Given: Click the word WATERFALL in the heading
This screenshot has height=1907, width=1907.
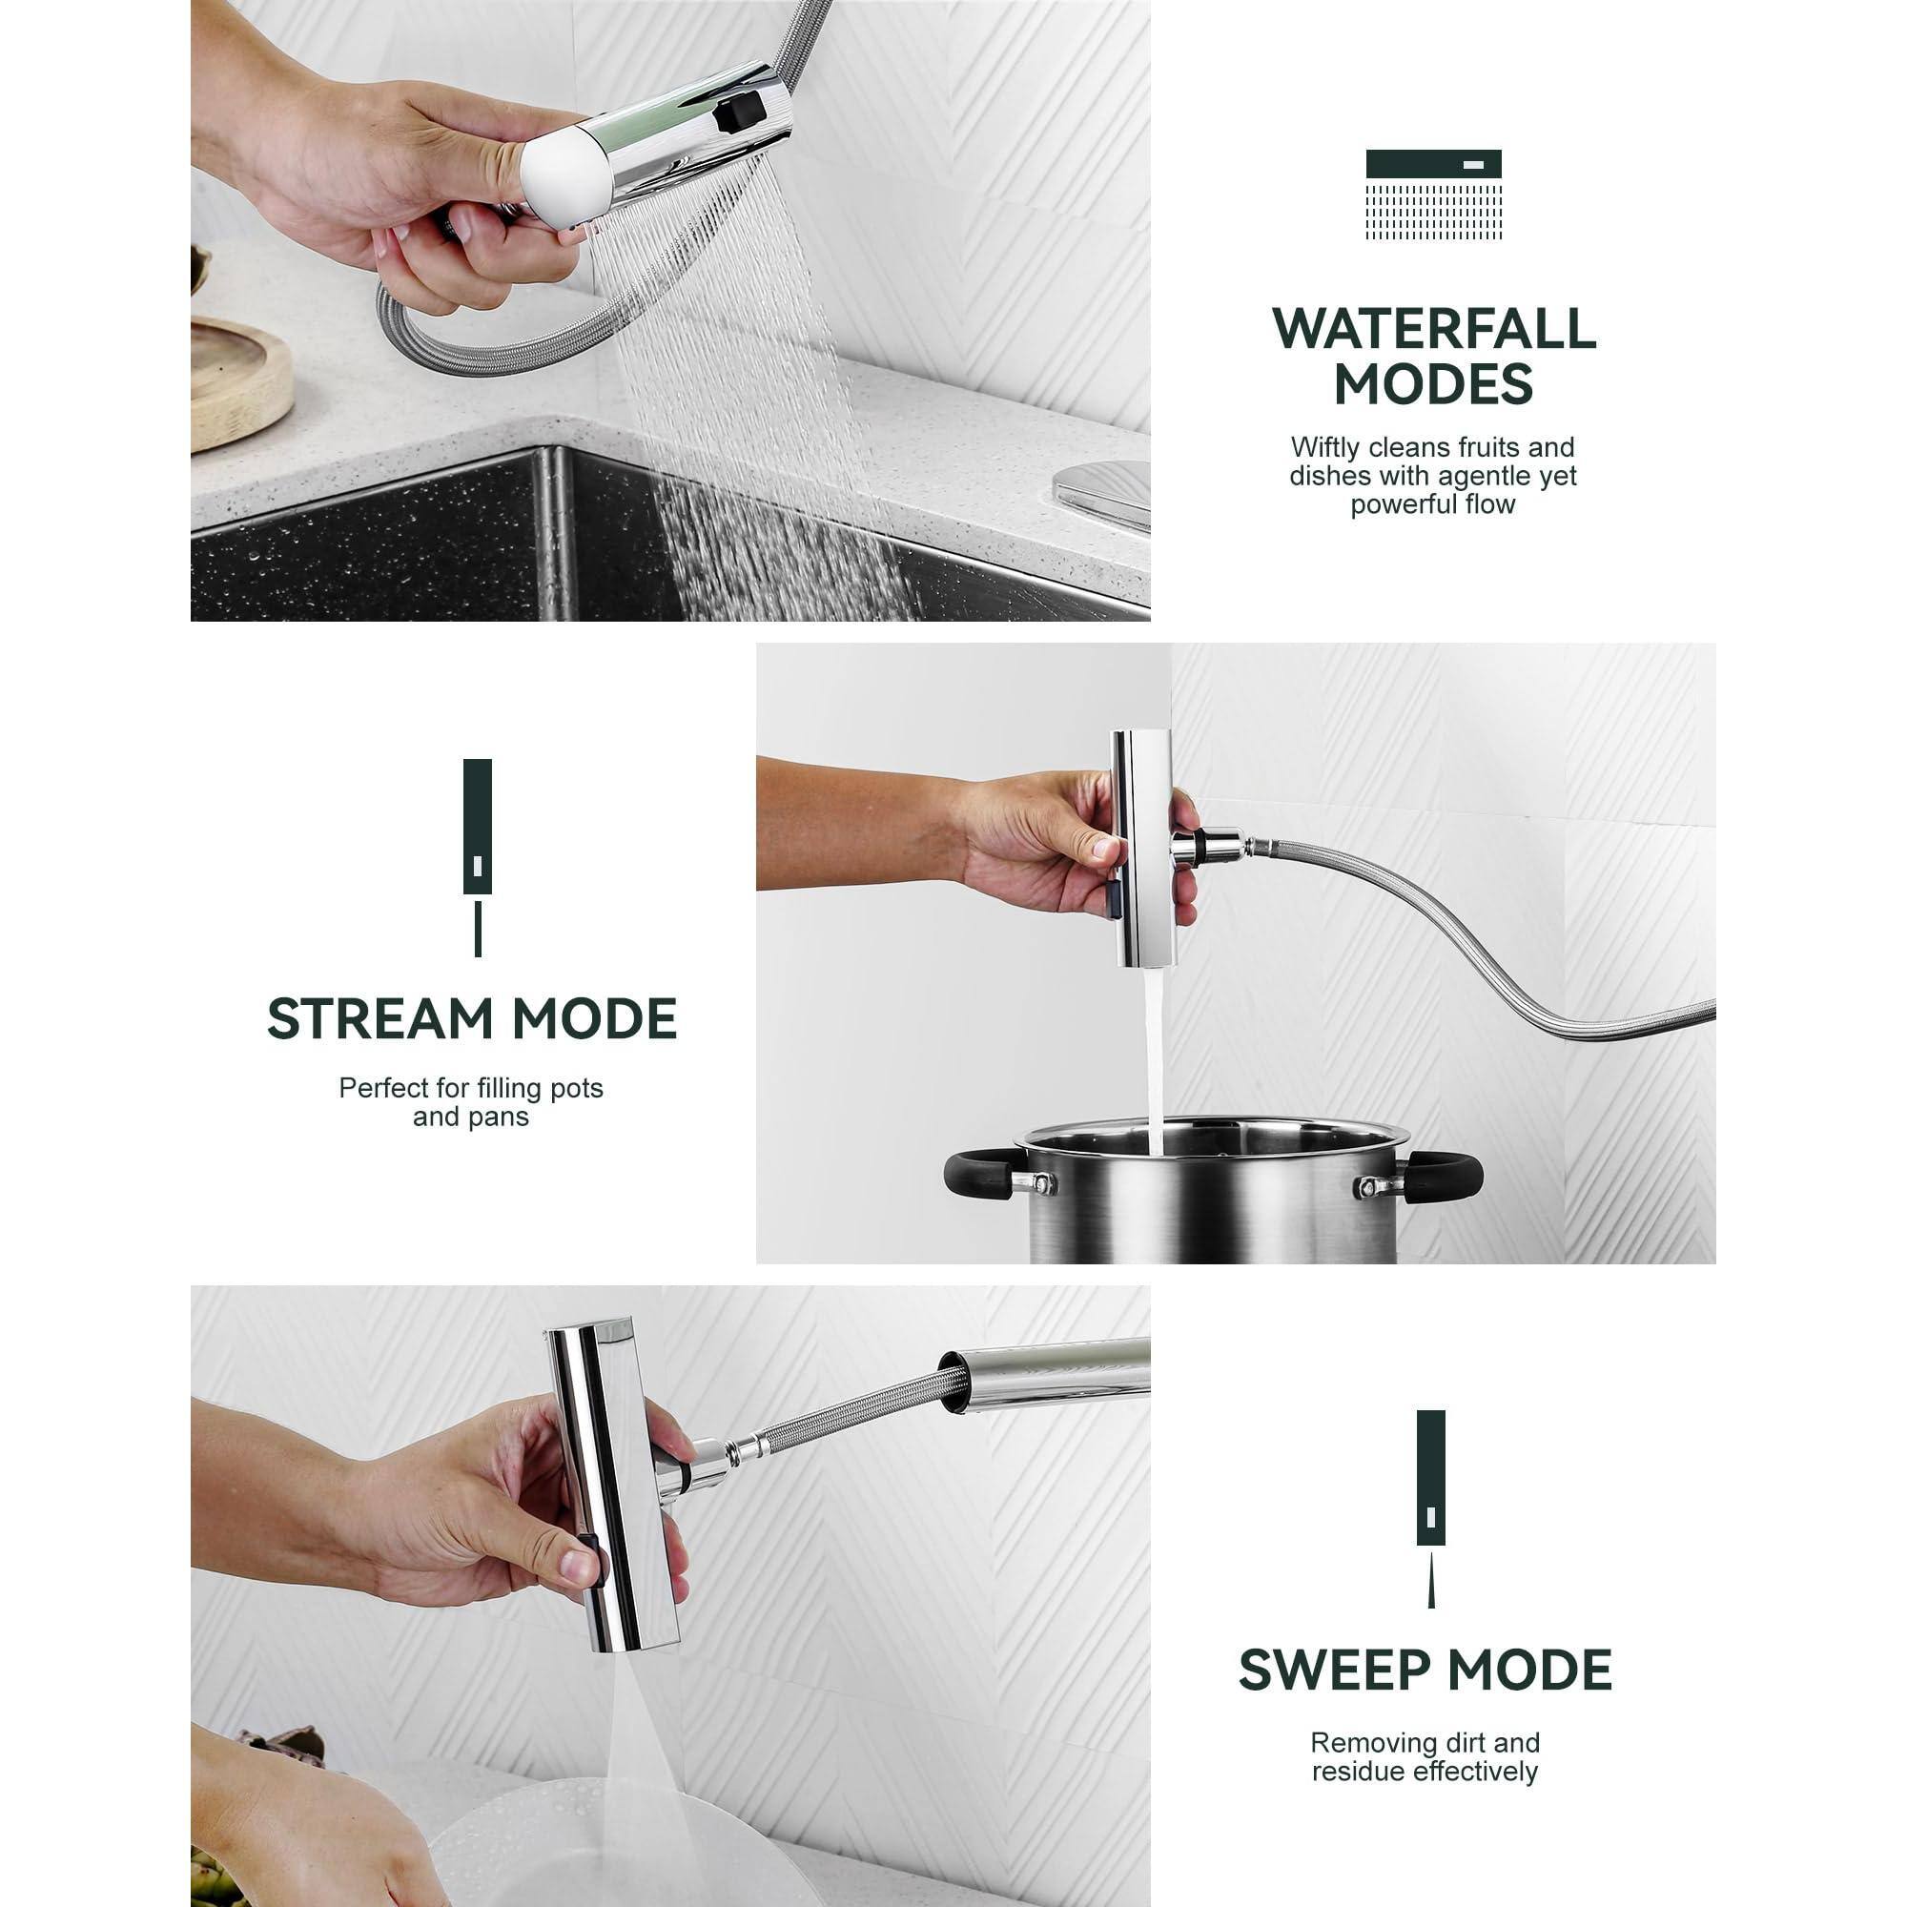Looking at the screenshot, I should [x=1433, y=329].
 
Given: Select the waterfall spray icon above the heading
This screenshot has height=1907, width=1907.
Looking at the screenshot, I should [x=1433, y=195].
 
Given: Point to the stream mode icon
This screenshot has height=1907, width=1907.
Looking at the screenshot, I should [x=478, y=854].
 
